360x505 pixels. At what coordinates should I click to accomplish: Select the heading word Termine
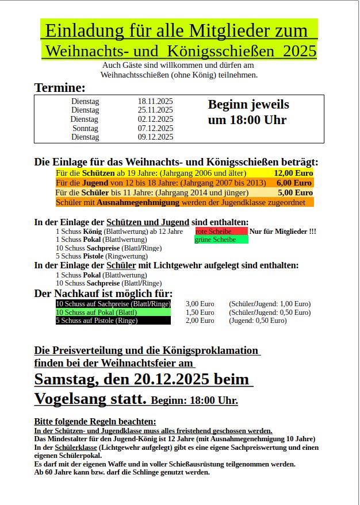click(x=60, y=88)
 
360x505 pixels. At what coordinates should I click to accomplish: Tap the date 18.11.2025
click(x=155, y=101)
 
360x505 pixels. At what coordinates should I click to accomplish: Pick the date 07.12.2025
click(x=155, y=128)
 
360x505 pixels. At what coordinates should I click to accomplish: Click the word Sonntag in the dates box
click(x=85, y=128)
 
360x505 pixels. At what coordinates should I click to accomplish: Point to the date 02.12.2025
click(x=155, y=119)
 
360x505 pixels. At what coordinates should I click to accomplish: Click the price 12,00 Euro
click(x=293, y=173)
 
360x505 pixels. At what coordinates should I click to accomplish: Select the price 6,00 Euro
click(x=294, y=183)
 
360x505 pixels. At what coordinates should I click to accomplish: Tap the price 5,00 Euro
click(x=295, y=192)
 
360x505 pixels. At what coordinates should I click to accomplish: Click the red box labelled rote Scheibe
click(x=221, y=231)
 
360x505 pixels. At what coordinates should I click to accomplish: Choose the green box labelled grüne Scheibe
click(x=221, y=240)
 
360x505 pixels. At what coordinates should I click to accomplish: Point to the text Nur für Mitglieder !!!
click(x=282, y=231)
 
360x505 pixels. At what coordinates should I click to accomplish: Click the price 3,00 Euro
click(x=200, y=303)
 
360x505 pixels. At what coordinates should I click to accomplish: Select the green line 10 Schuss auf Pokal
click(x=113, y=312)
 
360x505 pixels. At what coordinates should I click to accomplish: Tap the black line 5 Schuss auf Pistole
click(x=113, y=321)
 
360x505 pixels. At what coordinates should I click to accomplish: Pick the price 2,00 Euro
click(x=200, y=321)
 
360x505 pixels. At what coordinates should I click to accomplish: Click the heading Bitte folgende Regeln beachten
click(x=95, y=421)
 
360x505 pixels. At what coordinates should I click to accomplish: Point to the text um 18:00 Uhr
click(x=247, y=120)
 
